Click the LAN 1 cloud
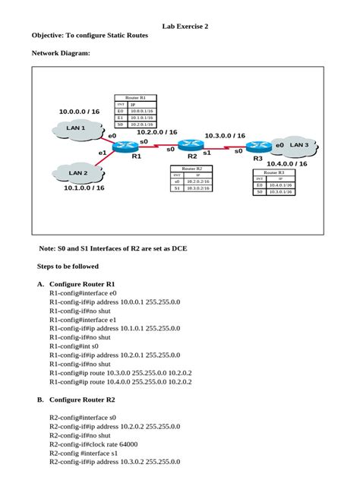(x=77, y=129)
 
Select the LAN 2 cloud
(x=78, y=173)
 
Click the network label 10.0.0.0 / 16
(x=79, y=112)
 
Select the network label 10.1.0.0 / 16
(x=84, y=188)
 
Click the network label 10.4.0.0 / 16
(x=286, y=163)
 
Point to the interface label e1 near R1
(x=103, y=153)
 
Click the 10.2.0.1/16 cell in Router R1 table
(x=142, y=125)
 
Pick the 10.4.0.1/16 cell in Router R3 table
(x=275, y=185)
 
